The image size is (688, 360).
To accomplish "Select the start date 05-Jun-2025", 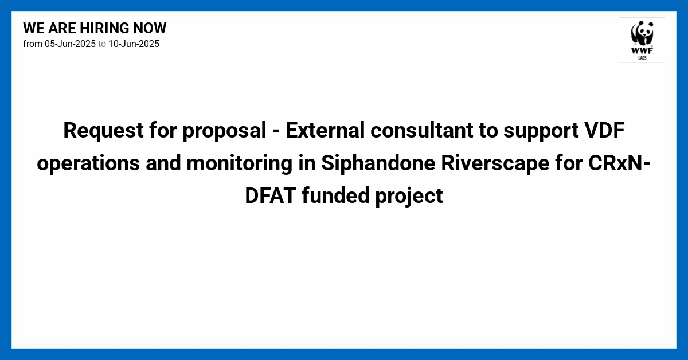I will (70, 44).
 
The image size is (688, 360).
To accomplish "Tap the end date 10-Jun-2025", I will (134, 44).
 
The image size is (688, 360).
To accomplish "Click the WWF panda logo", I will (642, 40).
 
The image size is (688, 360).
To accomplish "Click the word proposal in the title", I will (224, 131).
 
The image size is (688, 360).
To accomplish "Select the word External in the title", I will (325, 131).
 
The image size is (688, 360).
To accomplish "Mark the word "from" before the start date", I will (33, 44).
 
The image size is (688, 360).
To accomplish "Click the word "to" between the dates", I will (102, 44).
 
